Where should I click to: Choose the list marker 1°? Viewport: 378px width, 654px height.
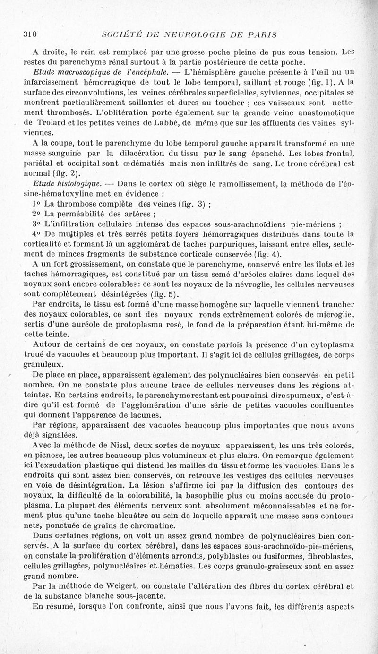tap(36, 204)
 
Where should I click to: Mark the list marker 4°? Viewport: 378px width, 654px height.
tap(36, 233)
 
